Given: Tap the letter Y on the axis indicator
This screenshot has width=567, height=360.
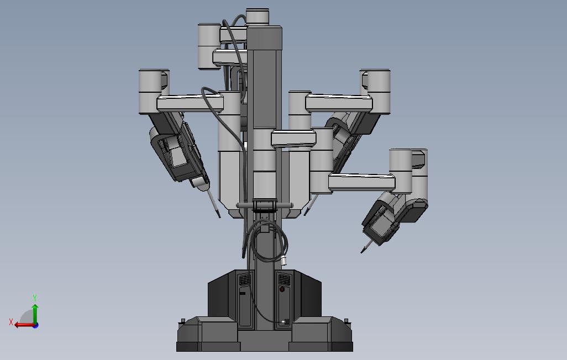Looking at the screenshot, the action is click(x=35, y=298).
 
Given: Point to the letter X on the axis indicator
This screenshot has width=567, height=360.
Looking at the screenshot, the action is click(x=11, y=322).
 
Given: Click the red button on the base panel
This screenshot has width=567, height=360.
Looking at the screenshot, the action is click(x=282, y=289).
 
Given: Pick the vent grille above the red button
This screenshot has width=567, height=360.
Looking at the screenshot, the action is click(x=284, y=279).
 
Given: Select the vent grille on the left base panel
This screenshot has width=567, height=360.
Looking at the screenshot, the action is click(x=244, y=279).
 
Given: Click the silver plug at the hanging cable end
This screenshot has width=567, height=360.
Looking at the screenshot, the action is click(x=284, y=261).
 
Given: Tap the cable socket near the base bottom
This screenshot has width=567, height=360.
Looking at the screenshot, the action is click(x=286, y=322).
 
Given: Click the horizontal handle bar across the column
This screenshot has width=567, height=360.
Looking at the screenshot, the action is click(x=265, y=205).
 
